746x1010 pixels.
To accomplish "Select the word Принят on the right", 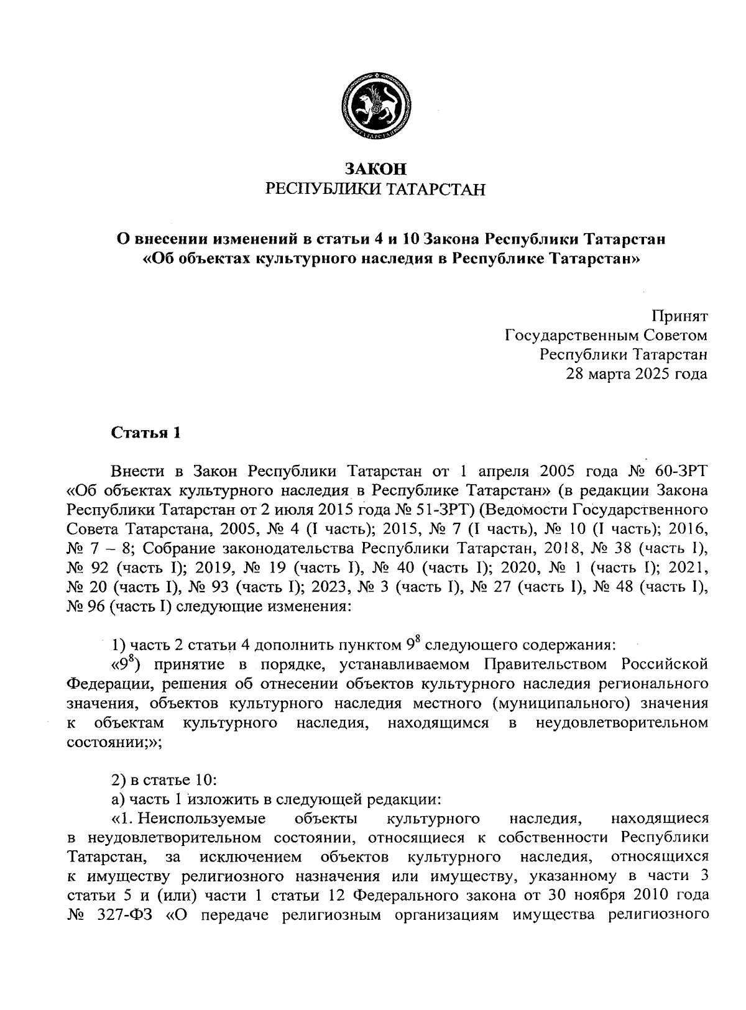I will pyautogui.click(x=679, y=316).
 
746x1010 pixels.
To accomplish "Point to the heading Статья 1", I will pyautogui.click(x=145, y=433).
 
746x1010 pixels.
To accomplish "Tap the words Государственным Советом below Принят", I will pyautogui.click(x=606, y=336).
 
